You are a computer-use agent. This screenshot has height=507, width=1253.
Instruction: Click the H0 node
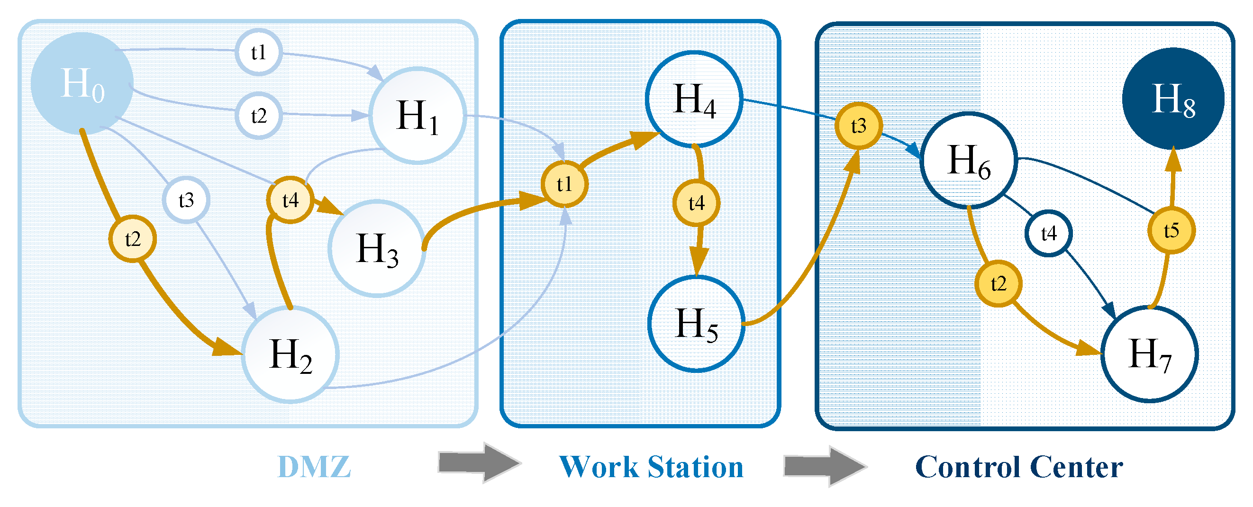tap(82, 83)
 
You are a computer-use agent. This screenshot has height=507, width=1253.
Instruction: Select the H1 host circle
tap(418, 116)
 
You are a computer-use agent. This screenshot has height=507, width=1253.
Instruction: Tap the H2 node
tap(291, 354)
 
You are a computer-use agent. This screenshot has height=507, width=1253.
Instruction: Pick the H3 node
tap(377, 249)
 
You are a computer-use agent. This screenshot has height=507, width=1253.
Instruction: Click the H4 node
tap(694, 99)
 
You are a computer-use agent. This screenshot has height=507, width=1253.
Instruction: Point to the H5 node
tap(697, 324)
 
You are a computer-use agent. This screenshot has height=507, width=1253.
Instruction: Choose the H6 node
tap(969, 161)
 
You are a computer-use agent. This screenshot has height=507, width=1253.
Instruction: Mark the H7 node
tap(1149, 354)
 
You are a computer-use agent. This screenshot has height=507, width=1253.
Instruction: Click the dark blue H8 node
tap(1173, 99)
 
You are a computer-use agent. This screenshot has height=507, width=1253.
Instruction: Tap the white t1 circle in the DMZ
tap(259, 52)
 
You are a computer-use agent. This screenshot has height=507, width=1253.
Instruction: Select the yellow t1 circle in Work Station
tap(564, 184)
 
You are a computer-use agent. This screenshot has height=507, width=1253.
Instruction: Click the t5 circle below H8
tap(1171, 230)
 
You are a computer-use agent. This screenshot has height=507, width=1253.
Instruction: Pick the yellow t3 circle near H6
tap(859, 126)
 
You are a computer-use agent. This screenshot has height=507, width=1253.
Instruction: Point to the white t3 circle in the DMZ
tap(186, 200)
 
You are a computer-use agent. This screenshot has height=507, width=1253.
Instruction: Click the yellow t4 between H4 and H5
tap(696, 203)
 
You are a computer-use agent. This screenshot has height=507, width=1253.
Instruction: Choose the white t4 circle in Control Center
tap(1049, 234)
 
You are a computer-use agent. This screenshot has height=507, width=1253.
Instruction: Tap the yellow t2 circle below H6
tap(998, 284)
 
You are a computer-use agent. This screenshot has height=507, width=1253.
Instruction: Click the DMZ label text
tap(314, 467)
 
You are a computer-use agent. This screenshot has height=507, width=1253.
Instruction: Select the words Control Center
tap(1019, 467)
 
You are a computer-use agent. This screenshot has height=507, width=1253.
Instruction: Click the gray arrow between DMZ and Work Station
tap(479, 462)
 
